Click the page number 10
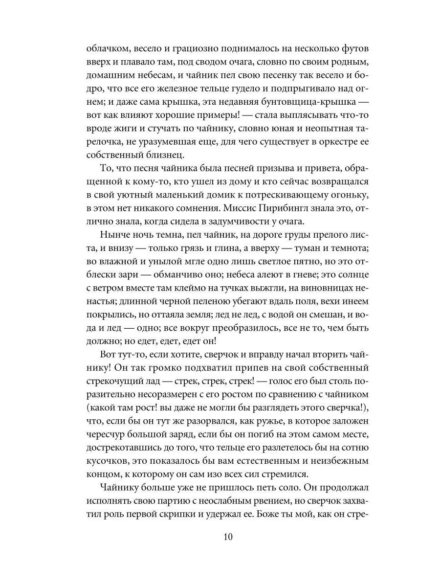[x=229, y=537]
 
